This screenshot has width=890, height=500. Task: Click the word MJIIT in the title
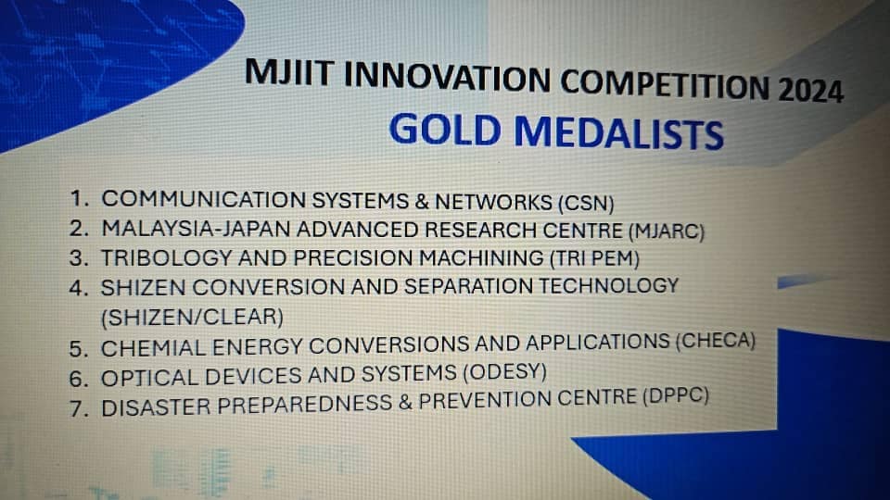[288, 72]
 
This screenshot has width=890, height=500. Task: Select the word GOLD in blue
[444, 130]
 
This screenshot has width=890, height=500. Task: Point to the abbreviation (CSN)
[586, 203]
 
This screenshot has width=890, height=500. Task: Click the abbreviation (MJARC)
[667, 231]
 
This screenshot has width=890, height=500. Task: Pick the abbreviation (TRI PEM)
[594, 258]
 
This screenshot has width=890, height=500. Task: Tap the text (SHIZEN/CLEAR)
[192, 317]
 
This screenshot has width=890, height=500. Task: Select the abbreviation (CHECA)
[715, 341]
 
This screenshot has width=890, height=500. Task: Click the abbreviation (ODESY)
[504, 372]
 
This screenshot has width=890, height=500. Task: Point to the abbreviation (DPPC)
[676, 395]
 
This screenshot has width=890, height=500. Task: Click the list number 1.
[80, 198]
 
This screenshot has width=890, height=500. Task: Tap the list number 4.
[79, 288]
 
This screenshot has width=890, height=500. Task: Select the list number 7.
[79, 408]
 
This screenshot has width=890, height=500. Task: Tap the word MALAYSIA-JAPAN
[196, 229]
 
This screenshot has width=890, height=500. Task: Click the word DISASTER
[156, 407]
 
